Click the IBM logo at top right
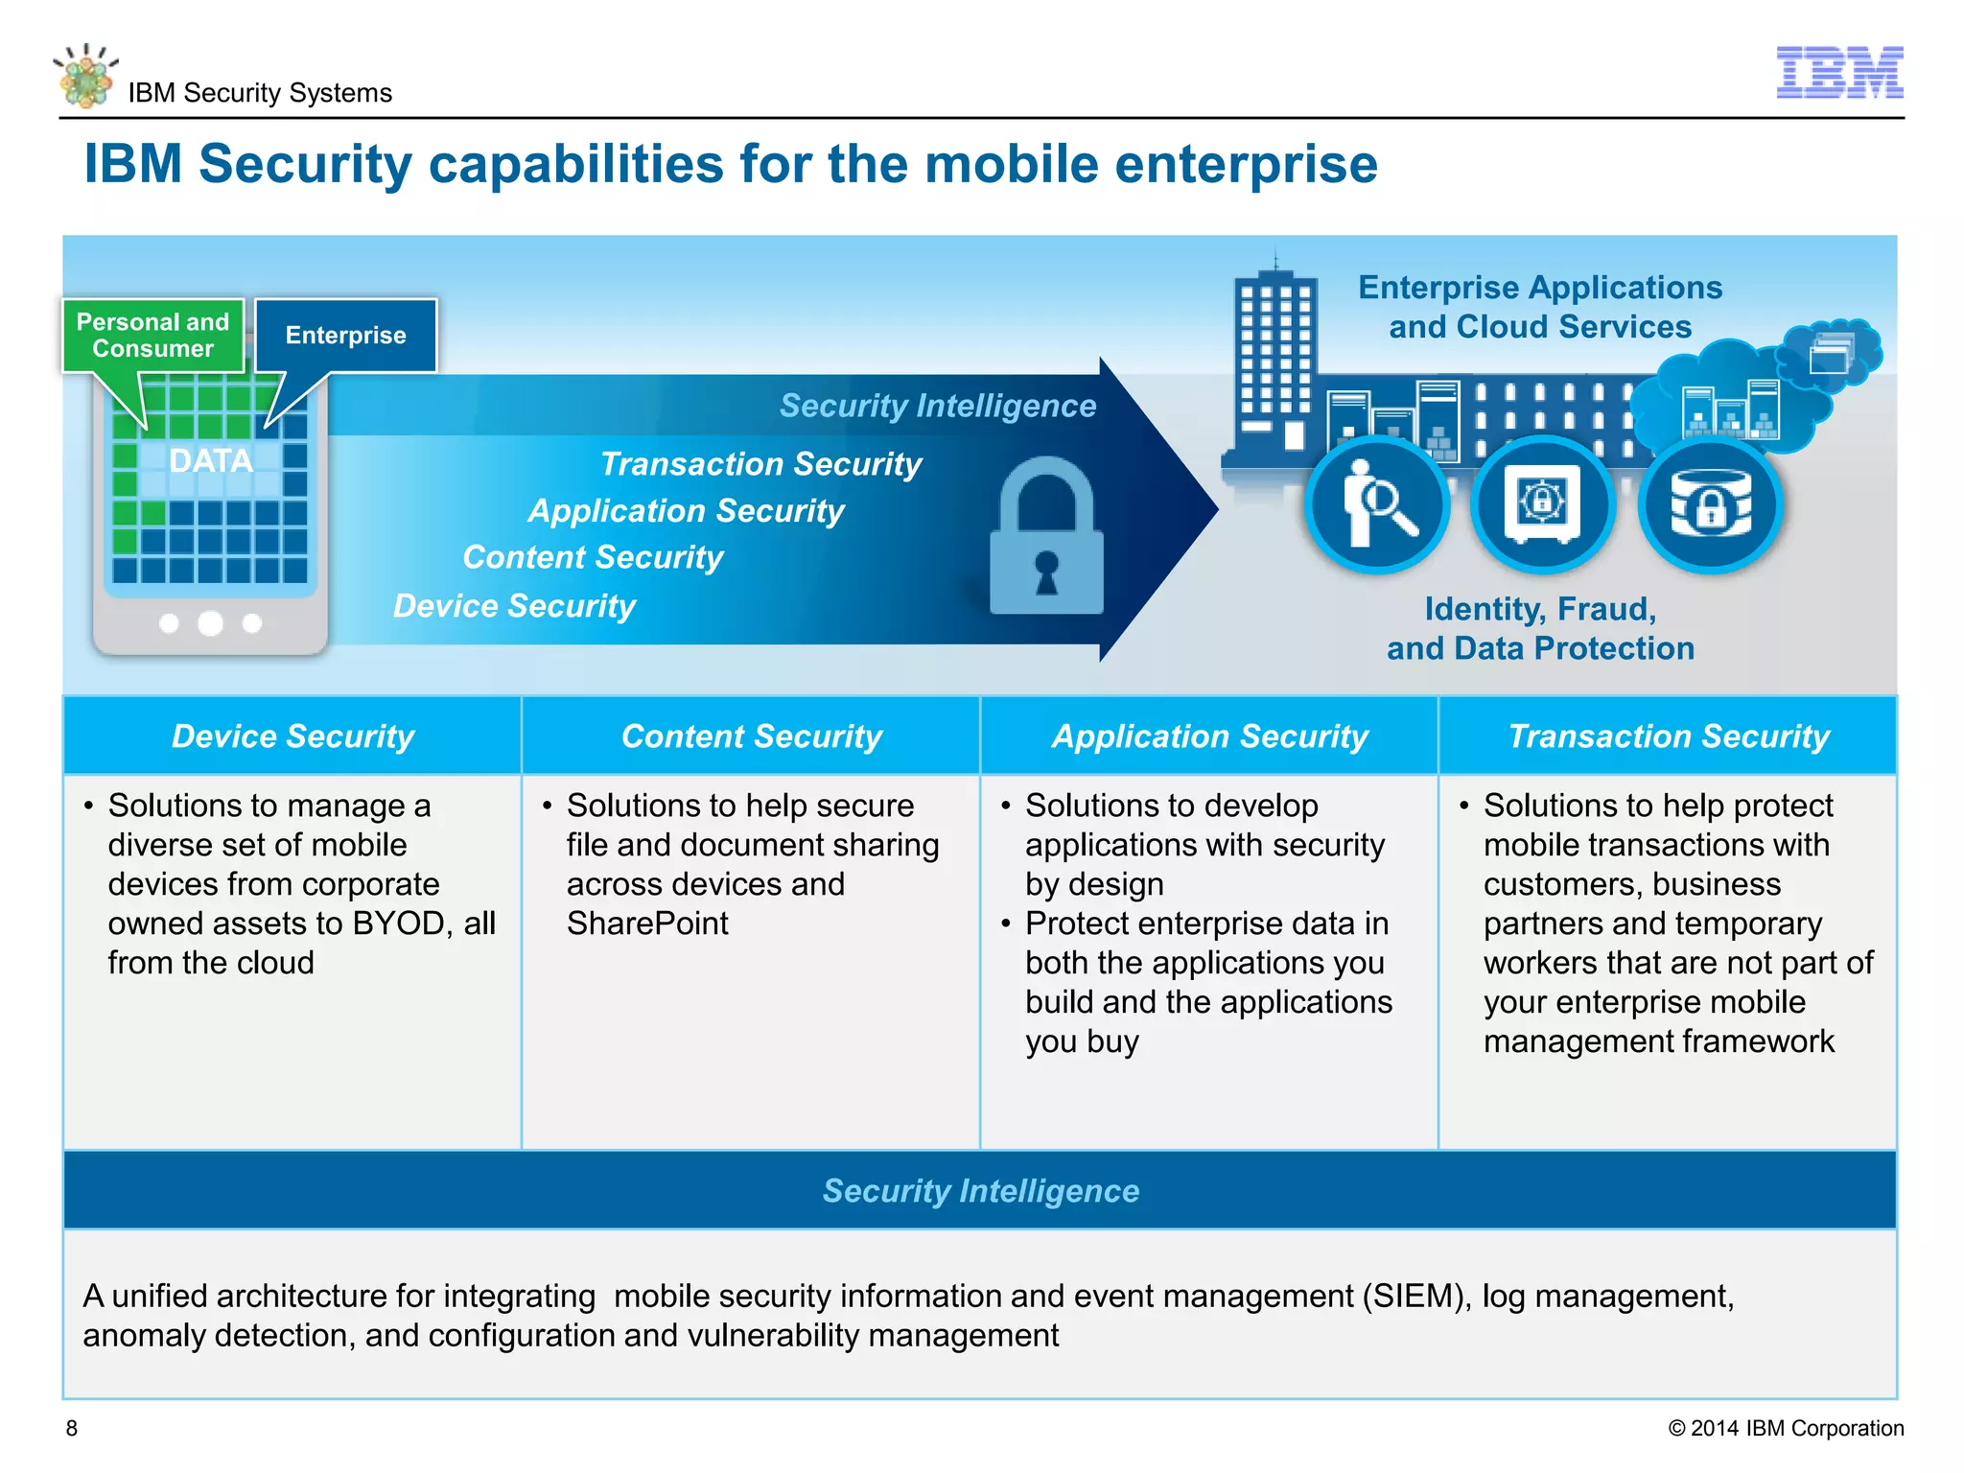1838,72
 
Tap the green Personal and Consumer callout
153,336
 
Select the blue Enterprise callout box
345,336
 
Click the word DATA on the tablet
211,461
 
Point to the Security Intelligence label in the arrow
937,406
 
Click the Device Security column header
292,736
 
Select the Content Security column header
751,736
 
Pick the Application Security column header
1209,736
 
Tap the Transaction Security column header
1669,736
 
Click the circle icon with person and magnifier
1377,504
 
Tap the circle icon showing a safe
1542,504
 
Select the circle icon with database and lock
1710,504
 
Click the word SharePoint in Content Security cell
647,924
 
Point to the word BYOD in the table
399,924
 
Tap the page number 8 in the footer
72,1428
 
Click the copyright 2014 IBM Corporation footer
1786,1428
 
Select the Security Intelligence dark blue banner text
980,1191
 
